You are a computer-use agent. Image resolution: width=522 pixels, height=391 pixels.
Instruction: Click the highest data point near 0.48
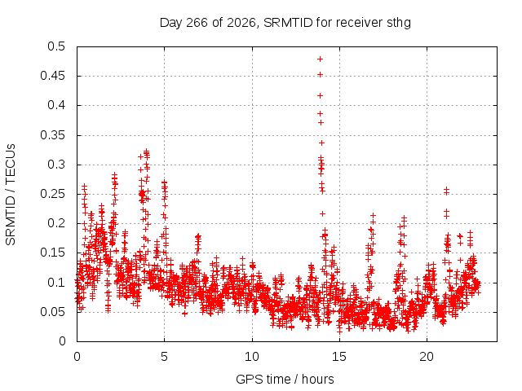pyautogui.click(x=320, y=59)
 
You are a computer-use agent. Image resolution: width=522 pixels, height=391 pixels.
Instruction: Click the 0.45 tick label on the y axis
pyautogui.click(x=52, y=76)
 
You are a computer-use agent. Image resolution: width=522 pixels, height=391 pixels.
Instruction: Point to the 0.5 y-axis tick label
pyautogui.click(x=56, y=46)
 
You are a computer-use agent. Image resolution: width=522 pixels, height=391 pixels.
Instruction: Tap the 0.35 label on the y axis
pyautogui.click(x=52, y=135)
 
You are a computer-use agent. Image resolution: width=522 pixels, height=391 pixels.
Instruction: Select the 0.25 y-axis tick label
pyautogui.click(x=52, y=194)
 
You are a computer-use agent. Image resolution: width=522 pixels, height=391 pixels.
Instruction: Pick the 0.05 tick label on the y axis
pyautogui.click(x=52, y=312)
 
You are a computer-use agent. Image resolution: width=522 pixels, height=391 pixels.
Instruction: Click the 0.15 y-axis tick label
pyautogui.click(x=52, y=253)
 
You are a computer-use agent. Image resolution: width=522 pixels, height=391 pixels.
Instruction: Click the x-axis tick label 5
pyautogui.click(x=165, y=357)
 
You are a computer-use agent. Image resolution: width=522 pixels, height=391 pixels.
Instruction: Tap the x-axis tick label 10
pyautogui.click(x=252, y=357)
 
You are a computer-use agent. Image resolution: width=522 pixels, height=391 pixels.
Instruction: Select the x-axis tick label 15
pyautogui.click(x=339, y=357)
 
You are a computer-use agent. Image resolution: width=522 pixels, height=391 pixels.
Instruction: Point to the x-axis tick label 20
pyautogui.click(x=427, y=357)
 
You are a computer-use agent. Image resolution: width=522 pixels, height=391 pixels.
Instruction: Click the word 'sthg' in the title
pyautogui.click(x=399, y=23)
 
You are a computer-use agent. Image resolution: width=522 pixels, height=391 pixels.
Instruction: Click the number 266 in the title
pyautogui.click(x=197, y=23)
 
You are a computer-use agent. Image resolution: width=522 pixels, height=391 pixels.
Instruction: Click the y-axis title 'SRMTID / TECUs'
pyautogui.click(x=11, y=195)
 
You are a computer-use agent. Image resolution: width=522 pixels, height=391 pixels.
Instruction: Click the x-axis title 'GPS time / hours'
pyautogui.click(x=285, y=379)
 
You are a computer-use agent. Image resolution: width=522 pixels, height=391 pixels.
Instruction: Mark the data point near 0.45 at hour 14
pyautogui.click(x=320, y=74)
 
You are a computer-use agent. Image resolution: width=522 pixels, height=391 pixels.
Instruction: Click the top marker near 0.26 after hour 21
pyautogui.click(x=446, y=189)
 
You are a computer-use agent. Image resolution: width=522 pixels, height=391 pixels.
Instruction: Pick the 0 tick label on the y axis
pyautogui.click(x=62, y=341)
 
